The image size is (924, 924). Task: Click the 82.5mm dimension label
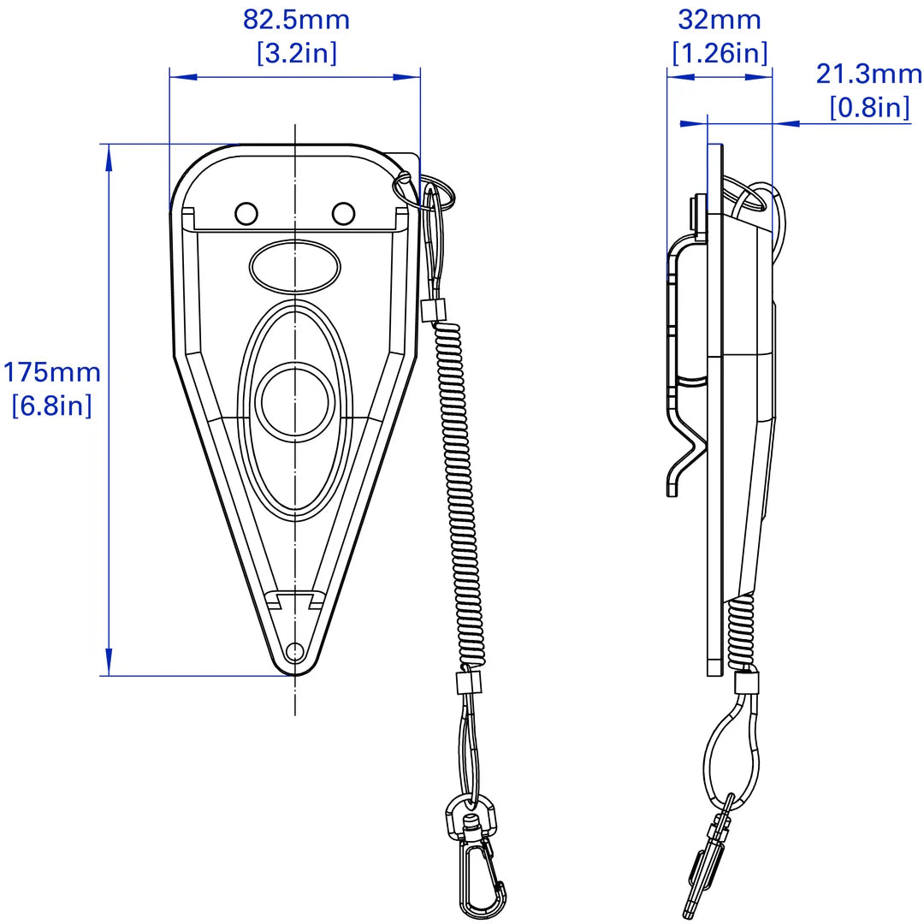pos(296,20)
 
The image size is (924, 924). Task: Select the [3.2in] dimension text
pos(296,53)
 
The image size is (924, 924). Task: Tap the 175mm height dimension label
pos(51,373)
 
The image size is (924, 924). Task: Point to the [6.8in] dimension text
pos(51,405)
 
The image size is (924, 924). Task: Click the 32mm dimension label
pos(719,20)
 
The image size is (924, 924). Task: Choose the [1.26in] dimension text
pos(719,53)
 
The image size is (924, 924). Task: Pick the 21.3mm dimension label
pos(868,74)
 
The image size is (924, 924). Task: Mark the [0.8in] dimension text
pos(868,107)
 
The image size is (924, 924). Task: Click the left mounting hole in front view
pos(246,212)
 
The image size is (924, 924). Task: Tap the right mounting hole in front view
pos(343,212)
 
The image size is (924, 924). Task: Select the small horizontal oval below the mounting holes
pos(294,266)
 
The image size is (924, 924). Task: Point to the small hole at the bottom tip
pos(294,652)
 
